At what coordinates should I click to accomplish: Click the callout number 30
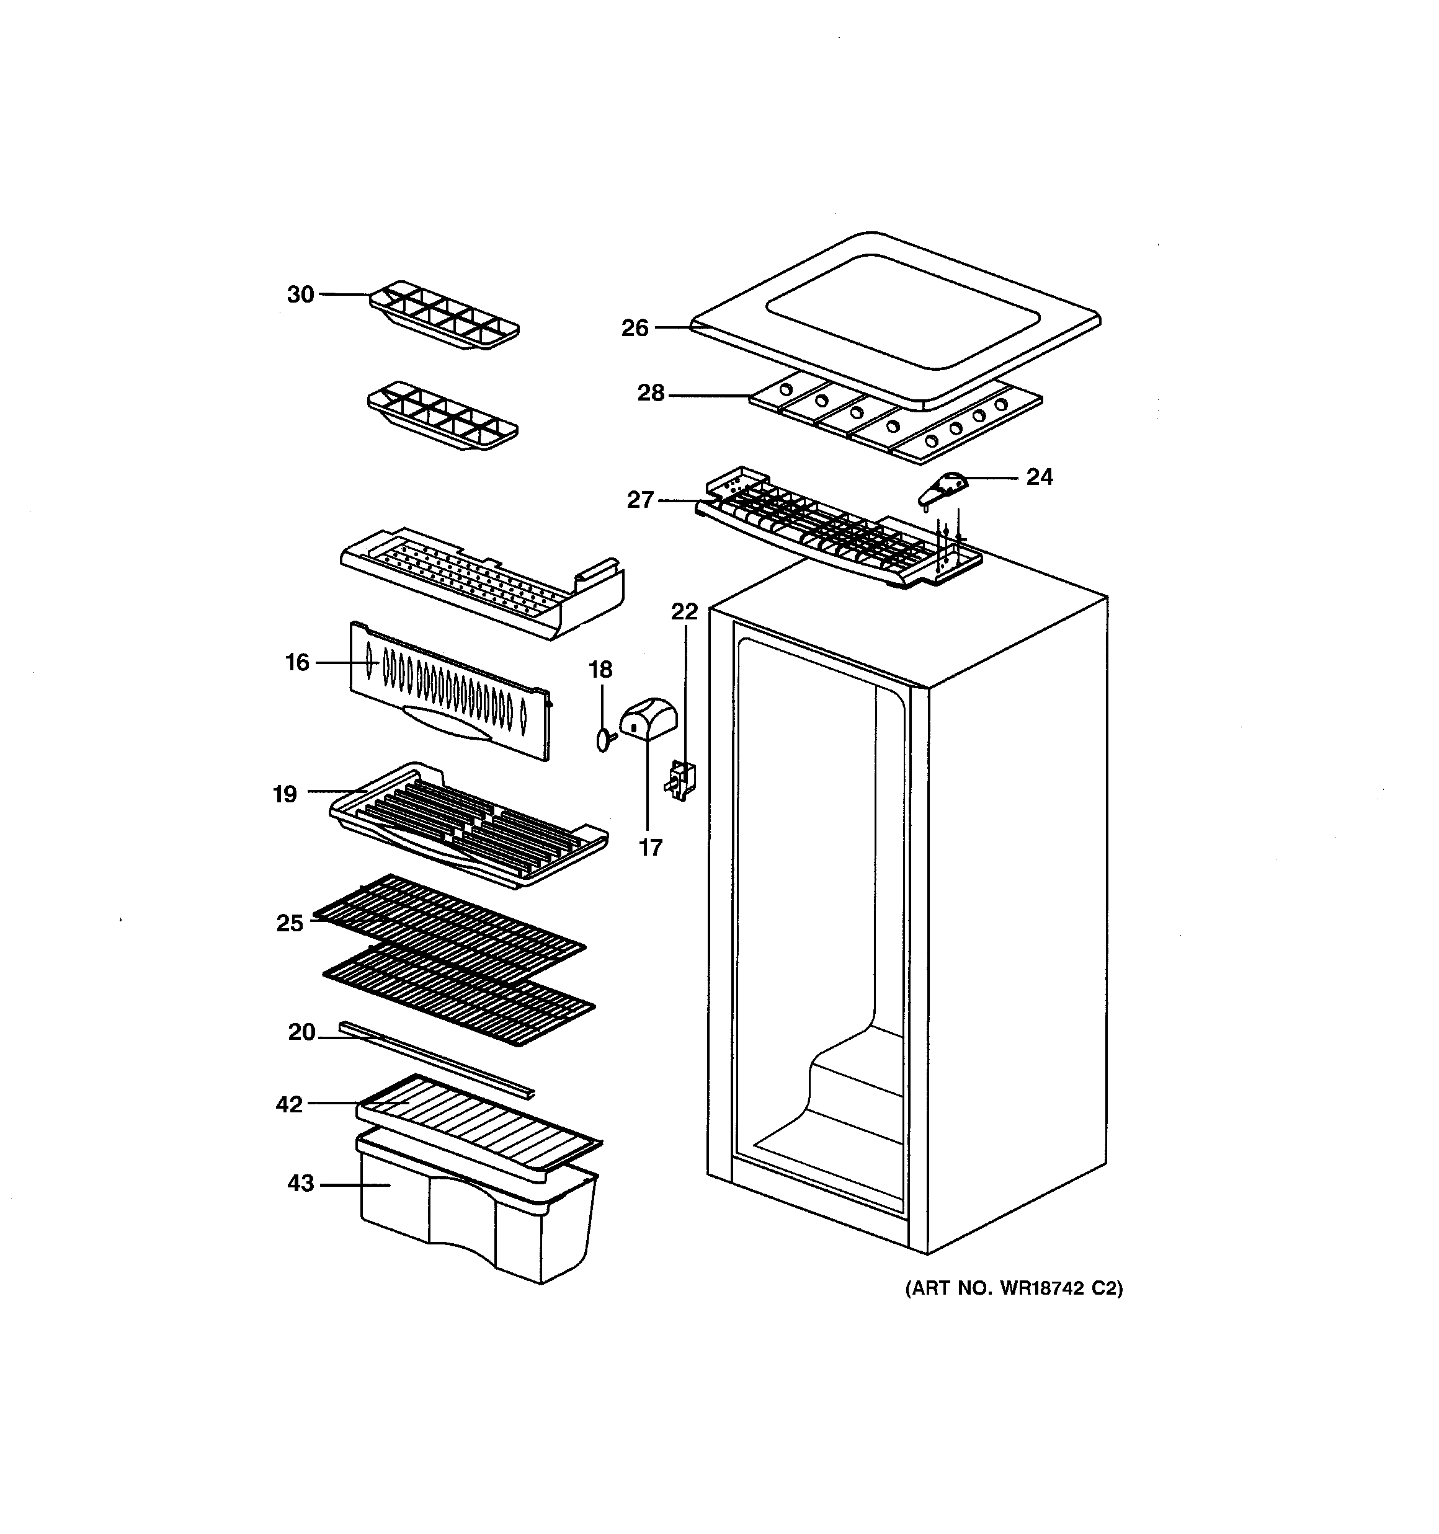coord(300,294)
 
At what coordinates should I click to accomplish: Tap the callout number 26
coord(635,329)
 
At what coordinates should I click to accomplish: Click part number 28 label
coord(650,394)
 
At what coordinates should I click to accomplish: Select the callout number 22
coord(684,612)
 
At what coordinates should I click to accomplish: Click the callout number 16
coord(297,662)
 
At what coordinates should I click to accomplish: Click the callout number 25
coord(290,923)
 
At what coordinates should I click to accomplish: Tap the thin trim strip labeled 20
coord(436,1058)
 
